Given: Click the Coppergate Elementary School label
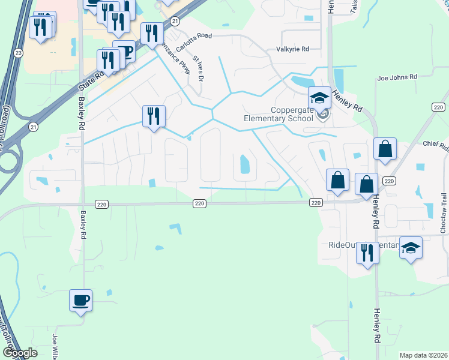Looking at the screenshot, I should (x=278, y=114).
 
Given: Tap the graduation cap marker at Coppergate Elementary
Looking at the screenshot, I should (x=319, y=97).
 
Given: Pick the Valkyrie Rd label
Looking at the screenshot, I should (x=292, y=49).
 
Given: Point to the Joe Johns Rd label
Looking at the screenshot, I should (x=397, y=77).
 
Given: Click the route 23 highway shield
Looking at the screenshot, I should (x=19, y=53).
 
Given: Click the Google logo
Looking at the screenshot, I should (x=20, y=353).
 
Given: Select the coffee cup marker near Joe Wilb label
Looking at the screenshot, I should (x=80, y=299).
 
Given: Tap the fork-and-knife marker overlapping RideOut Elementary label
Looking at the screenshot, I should (x=367, y=253).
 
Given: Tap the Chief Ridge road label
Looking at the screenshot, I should (x=436, y=144).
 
